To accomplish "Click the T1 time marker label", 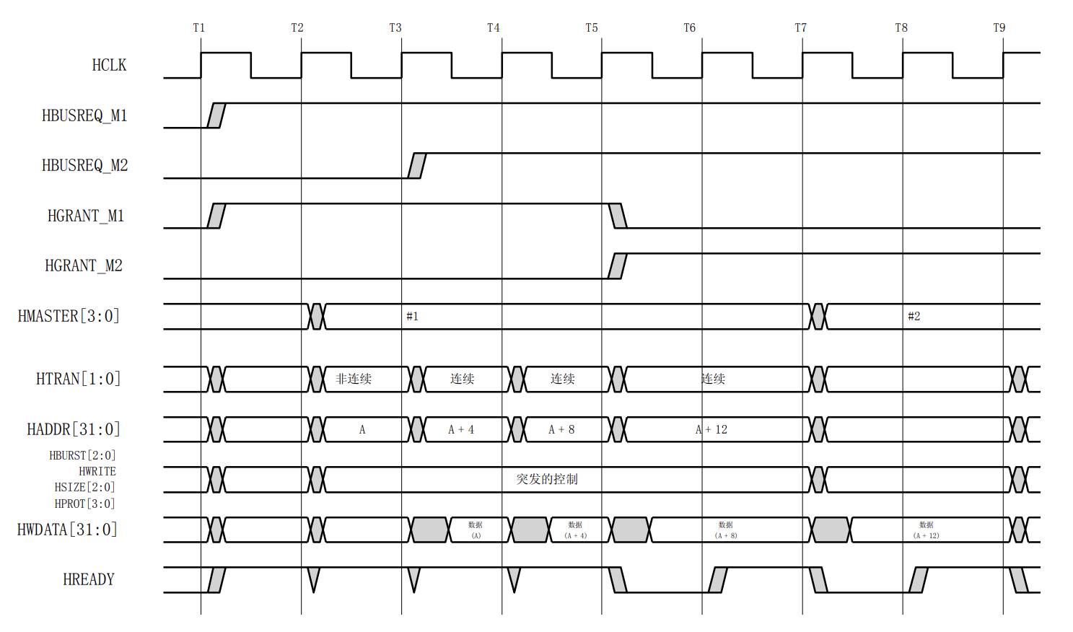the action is pos(199,28).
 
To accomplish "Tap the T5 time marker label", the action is pos(592,28).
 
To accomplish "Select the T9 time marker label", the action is pos(999,28).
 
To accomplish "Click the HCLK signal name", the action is pos(109,66).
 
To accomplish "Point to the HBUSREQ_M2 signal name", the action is pos(84,166).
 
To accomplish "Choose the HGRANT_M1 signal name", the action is pos(86,216).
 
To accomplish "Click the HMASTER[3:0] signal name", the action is pos(69,316).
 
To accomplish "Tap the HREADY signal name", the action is pos(89,580).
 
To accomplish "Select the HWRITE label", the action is pos(97,471).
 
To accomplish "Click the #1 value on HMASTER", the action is pos(412,316).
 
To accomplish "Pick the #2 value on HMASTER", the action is pos(914,316).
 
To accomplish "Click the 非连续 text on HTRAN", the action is pos(354,379).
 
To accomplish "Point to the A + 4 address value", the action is pos(461,430).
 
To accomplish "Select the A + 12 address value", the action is pos(711,430).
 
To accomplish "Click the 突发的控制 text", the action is pos(547,479).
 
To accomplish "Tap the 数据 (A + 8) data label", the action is pos(726,530).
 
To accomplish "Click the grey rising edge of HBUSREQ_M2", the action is pos(417,166).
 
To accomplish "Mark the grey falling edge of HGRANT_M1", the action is pos(618,216).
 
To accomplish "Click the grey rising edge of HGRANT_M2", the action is pos(617,266).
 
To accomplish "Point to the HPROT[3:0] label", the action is pos(84,504).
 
